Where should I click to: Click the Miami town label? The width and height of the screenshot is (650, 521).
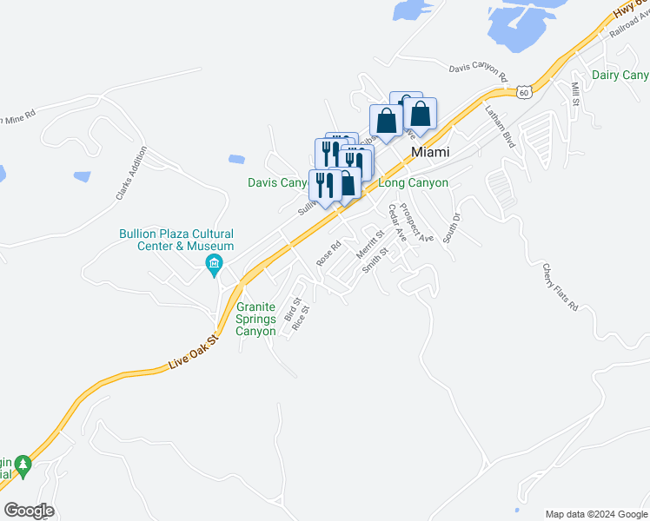(430, 152)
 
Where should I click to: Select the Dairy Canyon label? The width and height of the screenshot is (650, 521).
(620, 76)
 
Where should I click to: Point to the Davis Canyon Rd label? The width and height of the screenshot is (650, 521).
(477, 69)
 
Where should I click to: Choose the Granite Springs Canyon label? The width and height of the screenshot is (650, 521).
(255, 319)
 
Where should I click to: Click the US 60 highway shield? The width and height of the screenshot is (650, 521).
(521, 91)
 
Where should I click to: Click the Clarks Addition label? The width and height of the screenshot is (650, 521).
(132, 174)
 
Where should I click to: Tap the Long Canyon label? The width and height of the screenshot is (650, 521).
(414, 183)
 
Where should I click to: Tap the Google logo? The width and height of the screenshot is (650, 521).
(28, 511)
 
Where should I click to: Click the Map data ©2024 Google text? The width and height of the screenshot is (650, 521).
(596, 514)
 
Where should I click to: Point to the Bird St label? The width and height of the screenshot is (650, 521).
(292, 311)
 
